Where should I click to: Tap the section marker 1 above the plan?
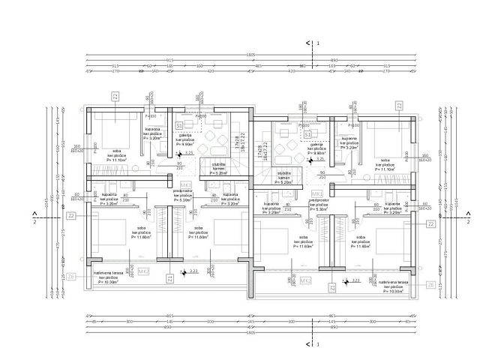tap(319, 44)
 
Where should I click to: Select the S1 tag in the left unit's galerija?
tap(179, 125)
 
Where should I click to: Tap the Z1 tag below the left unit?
tap(170, 278)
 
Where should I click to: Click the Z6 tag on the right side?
tap(430, 285)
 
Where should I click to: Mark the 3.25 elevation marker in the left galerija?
tap(189, 153)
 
